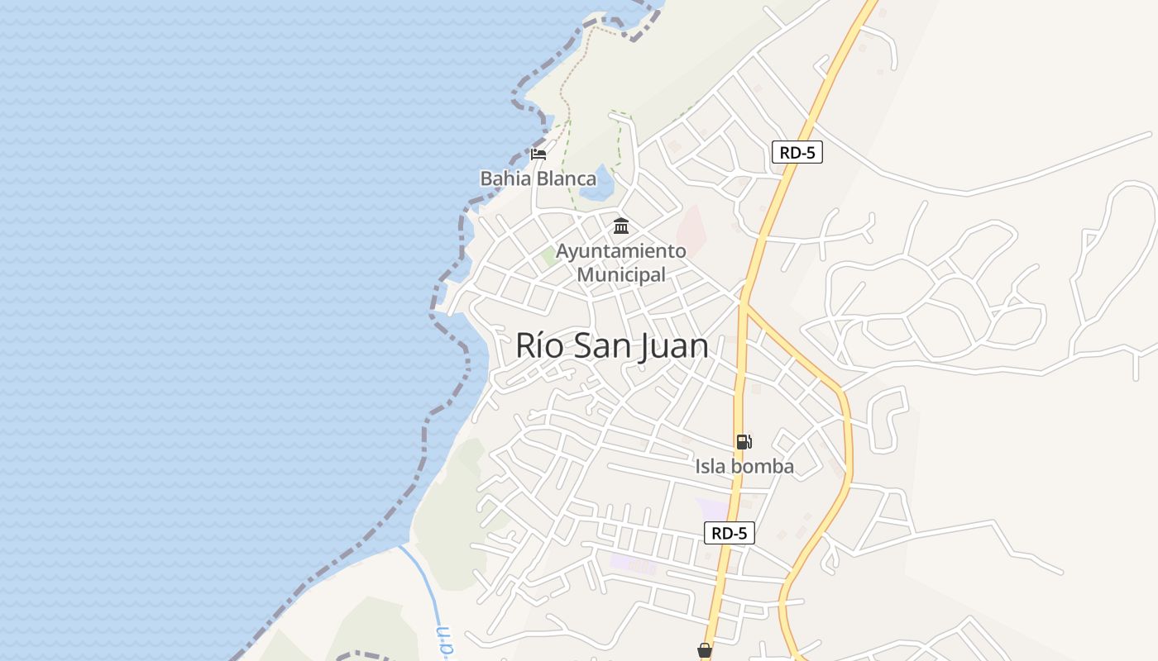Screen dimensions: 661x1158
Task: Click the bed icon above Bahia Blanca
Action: click(x=538, y=154)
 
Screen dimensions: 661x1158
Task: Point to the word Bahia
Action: click(x=506, y=178)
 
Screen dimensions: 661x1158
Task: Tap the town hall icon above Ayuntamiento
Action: click(x=621, y=226)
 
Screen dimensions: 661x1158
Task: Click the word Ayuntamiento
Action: click(x=621, y=250)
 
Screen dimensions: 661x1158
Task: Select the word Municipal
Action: click(x=621, y=274)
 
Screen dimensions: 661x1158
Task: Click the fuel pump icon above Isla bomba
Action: click(x=744, y=442)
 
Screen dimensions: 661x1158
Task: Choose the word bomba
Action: click(x=761, y=467)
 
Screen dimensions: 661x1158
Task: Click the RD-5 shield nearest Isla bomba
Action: click(x=730, y=533)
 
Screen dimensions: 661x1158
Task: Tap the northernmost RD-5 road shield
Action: click(x=797, y=152)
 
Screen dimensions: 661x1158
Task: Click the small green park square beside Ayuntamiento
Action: click(x=548, y=257)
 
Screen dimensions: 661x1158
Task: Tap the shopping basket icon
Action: click(x=705, y=651)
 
